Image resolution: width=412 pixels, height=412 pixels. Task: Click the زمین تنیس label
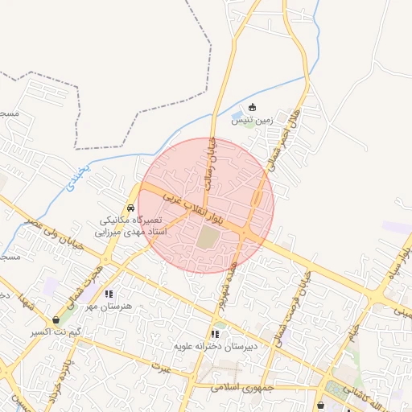tap(253, 120)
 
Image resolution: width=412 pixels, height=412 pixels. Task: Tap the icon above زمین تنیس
tap(253, 107)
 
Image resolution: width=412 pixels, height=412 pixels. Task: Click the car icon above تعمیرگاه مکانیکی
tap(131, 208)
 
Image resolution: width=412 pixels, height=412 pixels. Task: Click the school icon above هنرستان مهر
tap(109, 294)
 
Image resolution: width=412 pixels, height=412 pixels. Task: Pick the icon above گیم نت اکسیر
tap(56, 319)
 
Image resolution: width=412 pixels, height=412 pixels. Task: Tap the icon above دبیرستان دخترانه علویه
tap(215, 333)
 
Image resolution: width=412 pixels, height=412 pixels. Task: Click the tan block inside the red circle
tap(208, 237)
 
